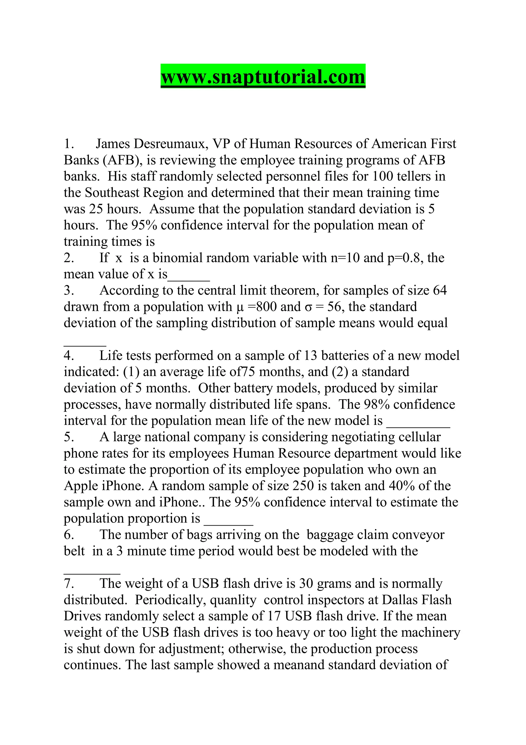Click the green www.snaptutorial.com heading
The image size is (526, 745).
(x=263, y=77)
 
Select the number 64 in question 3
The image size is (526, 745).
(x=439, y=290)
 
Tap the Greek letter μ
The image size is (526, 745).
(x=240, y=307)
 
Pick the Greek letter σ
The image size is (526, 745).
(x=308, y=307)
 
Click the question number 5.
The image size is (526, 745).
(x=69, y=437)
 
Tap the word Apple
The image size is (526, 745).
(x=81, y=486)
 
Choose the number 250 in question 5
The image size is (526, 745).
(x=303, y=486)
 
